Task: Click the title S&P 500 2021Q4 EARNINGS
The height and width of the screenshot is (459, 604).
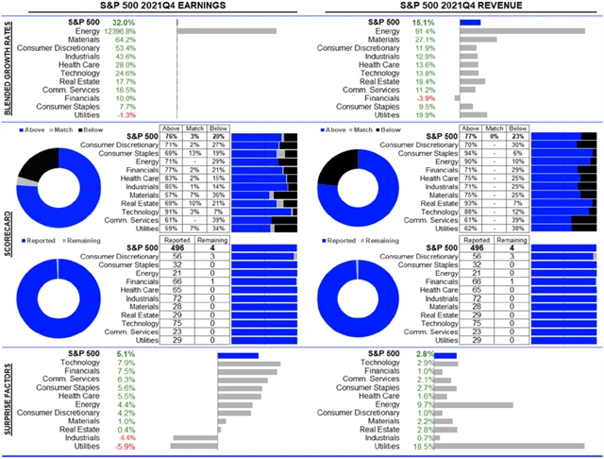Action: [152, 6]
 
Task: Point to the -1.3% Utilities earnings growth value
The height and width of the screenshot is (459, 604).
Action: [125, 115]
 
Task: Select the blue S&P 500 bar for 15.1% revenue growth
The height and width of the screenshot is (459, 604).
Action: [470, 22]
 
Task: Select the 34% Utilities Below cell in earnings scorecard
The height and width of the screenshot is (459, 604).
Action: [218, 229]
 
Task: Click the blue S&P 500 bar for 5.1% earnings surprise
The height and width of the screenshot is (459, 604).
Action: [238, 354]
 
